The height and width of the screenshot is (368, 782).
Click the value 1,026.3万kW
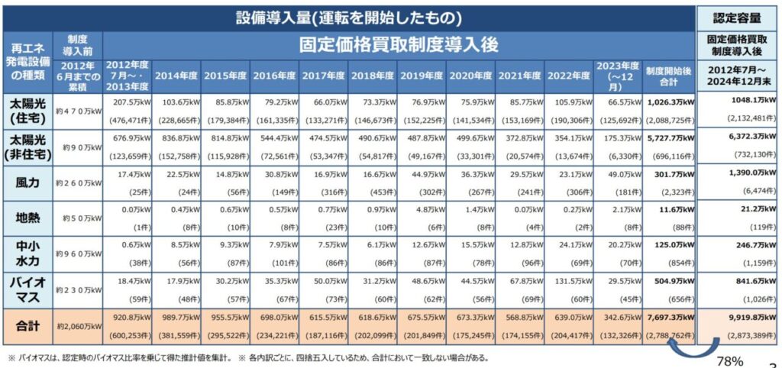(x=667, y=101)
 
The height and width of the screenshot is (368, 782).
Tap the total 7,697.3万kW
(x=667, y=315)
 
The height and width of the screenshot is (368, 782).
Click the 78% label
(x=729, y=360)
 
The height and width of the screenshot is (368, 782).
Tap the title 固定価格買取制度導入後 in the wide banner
(x=398, y=44)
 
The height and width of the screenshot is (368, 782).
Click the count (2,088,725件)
(x=667, y=120)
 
